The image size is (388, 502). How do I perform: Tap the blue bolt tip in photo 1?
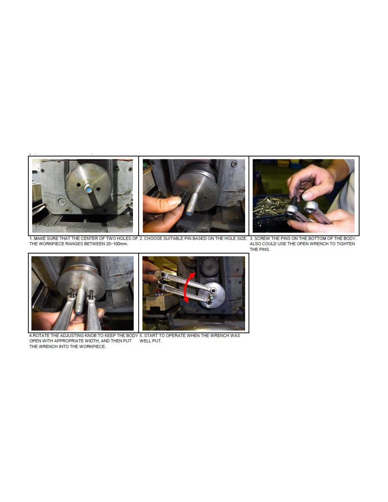click(x=89, y=190)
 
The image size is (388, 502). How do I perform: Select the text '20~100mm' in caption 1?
click(x=117, y=244)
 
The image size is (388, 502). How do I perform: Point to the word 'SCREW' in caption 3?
click(x=262, y=238)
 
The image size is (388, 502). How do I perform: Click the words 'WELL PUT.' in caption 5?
click(x=150, y=341)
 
